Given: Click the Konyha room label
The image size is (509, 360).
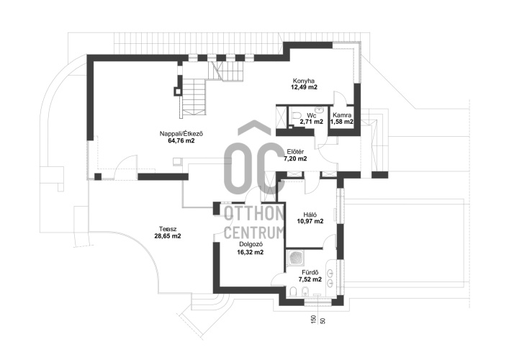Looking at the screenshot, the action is tap(304, 81).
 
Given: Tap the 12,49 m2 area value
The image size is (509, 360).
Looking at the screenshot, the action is tap(304, 87).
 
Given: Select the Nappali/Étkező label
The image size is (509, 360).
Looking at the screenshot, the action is tap(181, 134).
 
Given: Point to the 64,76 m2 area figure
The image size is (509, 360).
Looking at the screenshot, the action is tap(181, 140).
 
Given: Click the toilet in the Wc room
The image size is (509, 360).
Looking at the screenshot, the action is tap(297, 116).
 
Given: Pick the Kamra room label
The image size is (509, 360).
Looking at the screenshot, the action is tap(342, 115).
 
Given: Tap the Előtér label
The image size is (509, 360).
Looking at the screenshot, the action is tap(295, 152).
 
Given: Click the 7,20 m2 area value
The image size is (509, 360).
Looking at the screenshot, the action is tap(295, 158).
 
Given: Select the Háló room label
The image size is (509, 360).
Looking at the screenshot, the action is tap(310, 215).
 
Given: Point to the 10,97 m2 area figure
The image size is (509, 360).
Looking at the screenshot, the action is tap(310, 221).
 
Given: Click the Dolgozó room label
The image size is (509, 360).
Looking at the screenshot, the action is tap(251, 245).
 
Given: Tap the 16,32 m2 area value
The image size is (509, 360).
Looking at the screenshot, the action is tap(251, 252).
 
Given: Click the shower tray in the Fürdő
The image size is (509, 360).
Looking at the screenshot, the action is tap(296, 258).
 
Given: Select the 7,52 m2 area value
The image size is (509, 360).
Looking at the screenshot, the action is tap(310, 279).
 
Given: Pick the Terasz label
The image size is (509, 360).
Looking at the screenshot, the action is tap(168, 229).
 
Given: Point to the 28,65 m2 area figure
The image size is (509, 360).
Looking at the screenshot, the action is tap(168, 236).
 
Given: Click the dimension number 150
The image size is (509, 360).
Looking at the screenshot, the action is tap(314, 320).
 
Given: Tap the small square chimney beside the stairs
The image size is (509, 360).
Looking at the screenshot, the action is tap(177, 91).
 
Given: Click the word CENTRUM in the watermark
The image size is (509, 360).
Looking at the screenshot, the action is tap(254, 233).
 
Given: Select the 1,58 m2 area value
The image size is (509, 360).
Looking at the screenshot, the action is tap(342, 122).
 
